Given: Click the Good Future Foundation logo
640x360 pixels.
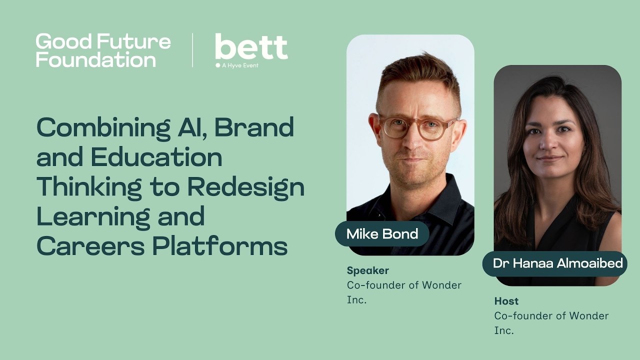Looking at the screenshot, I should pos(103,50).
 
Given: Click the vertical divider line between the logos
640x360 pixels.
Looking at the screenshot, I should pos(193,50).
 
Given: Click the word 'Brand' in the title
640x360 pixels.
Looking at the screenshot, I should pos(254,128).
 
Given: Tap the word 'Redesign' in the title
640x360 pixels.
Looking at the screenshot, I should pos(245,187).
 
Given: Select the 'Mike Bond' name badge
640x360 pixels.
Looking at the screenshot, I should pos(382,234).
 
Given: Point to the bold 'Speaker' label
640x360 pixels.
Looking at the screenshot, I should pos(367,270).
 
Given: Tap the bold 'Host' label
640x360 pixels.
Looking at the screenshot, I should pos(506,301).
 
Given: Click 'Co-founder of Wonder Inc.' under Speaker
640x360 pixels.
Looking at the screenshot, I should pos(404,292).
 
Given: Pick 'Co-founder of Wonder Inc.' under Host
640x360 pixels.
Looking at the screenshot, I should pos(551,322).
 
